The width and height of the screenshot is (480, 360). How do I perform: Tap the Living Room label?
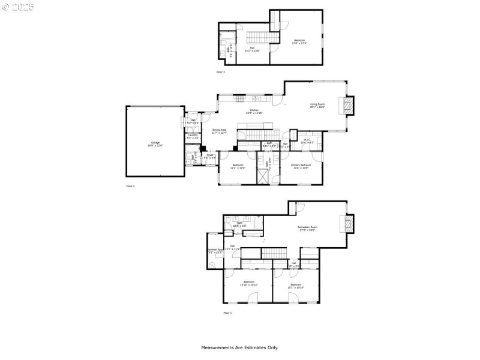click(317, 106)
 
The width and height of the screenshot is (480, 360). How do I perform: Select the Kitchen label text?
click(254, 111)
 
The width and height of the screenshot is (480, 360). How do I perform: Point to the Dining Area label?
click(219, 131)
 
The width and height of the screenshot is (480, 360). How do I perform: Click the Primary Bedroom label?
click(301, 166)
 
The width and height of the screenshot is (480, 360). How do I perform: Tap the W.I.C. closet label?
click(307, 142)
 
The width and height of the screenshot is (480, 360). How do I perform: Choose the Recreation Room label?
click(307, 229)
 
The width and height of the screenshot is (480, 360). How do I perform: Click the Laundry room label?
click(193, 136)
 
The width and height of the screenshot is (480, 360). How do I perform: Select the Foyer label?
click(210, 156)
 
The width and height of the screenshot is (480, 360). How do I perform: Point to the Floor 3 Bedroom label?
click(298, 42)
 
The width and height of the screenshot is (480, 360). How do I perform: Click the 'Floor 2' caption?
click(130, 187)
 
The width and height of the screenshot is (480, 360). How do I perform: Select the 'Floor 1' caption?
click(227, 313)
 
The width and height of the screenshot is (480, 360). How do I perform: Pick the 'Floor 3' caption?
click(220, 72)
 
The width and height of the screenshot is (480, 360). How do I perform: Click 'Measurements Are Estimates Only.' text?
click(239, 347)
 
